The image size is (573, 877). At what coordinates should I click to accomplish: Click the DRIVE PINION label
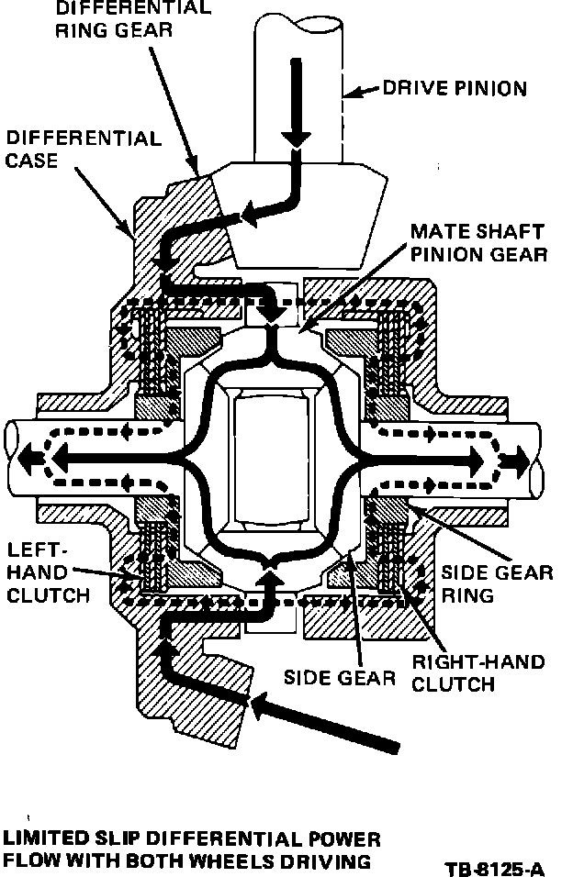455,89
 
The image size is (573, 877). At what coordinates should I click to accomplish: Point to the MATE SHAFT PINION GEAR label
477,241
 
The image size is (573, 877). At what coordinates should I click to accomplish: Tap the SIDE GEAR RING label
497,583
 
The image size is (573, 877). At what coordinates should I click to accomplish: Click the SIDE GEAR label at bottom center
340,678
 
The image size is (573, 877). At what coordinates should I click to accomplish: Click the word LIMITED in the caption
42,839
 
